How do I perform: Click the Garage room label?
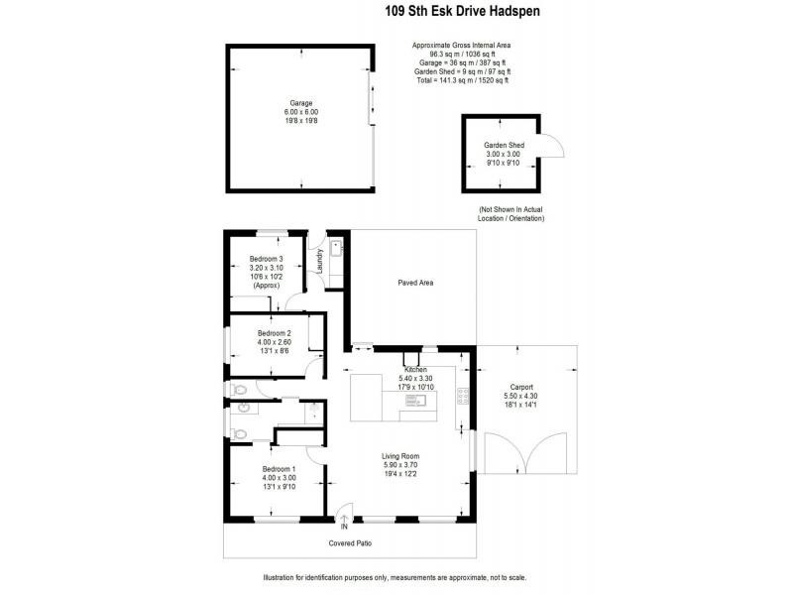[300, 103]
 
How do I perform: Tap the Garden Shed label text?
[504, 146]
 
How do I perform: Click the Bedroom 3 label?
[266, 259]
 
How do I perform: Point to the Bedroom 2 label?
[274, 333]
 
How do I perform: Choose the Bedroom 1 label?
[279, 469]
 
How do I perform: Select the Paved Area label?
[415, 283]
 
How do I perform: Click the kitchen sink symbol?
[421, 401]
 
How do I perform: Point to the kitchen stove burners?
[462, 395]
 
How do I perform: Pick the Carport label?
[521, 387]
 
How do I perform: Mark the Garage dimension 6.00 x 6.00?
[300, 112]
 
